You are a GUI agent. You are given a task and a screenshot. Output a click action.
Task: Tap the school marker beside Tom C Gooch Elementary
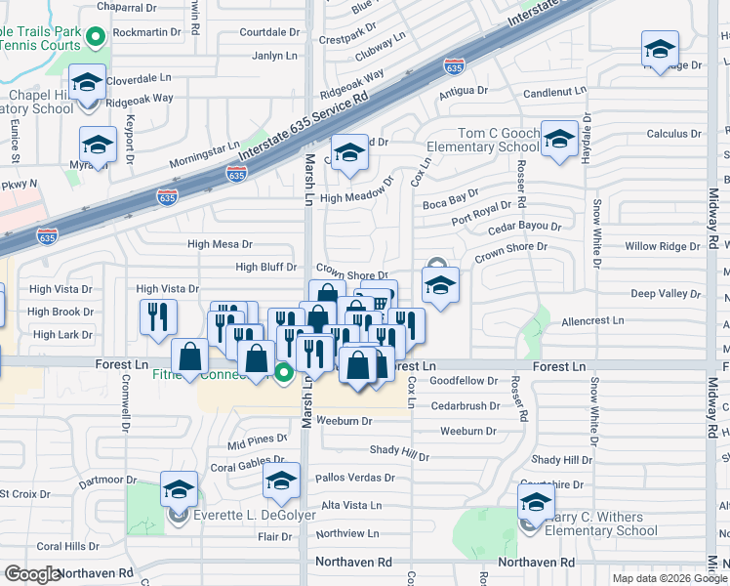click(x=560, y=137)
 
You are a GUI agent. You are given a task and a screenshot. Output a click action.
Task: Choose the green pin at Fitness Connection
click(x=284, y=372)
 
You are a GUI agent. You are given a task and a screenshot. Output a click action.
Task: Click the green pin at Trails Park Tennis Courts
click(x=96, y=38)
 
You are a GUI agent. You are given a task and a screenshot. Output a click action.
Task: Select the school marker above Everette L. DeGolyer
click(x=179, y=488)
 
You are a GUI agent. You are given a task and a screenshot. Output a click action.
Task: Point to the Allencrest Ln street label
click(x=591, y=320)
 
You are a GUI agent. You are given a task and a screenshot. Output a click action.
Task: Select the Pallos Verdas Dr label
click(x=354, y=478)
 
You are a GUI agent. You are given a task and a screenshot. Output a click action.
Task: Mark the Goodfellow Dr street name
click(x=464, y=381)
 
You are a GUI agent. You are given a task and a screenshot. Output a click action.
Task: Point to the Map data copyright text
click(x=657, y=578)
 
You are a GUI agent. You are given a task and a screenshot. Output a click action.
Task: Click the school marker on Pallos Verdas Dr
click(x=281, y=481)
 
